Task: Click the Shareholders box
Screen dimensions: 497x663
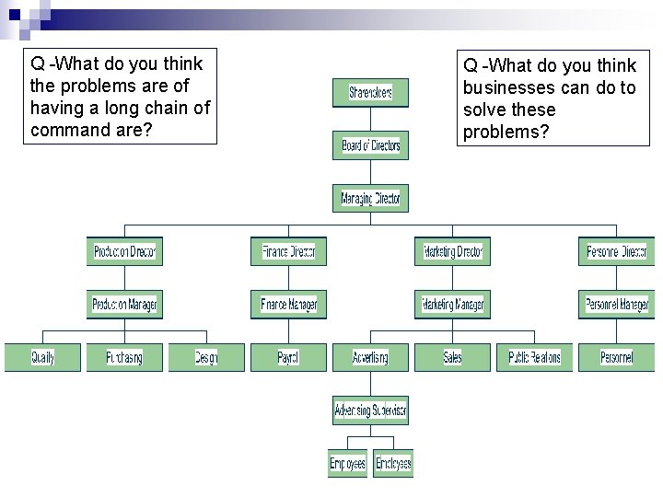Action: [370, 92]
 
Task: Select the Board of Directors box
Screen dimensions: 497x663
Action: [370, 145]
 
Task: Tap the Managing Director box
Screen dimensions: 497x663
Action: [370, 198]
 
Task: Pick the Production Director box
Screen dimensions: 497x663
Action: [124, 251]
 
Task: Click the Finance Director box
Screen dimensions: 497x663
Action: [288, 251]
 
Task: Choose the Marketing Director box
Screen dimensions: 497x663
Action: [452, 251]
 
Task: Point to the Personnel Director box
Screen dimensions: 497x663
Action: [616, 251]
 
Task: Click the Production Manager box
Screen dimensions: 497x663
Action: [124, 305]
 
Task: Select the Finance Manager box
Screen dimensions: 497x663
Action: [288, 305]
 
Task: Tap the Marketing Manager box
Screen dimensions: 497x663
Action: [452, 305]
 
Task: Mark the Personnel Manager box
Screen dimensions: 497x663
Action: [616, 305]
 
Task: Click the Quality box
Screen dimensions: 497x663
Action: [42, 357]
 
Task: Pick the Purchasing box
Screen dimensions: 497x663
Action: [124, 357]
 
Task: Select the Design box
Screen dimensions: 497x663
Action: [206, 357]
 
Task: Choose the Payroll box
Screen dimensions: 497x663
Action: [288, 357]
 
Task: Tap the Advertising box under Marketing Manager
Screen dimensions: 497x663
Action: [370, 357]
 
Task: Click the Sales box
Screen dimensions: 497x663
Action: [452, 357]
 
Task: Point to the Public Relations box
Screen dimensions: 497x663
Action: [534, 357]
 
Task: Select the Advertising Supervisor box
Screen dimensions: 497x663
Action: [370, 410]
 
